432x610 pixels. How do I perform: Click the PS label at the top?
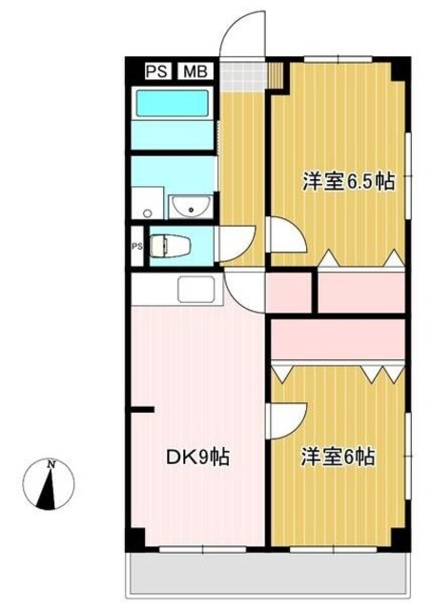[x=156, y=71]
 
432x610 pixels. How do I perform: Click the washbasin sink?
[x=191, y=205]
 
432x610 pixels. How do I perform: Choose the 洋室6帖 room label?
[x=339, y=457]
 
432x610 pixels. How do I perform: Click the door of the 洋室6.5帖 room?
[x=282, y=233]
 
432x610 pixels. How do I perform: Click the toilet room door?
[x=237, y=244]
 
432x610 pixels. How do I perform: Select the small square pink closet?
[x=290, y=293]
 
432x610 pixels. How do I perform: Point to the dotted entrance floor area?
[x=246, y=74]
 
